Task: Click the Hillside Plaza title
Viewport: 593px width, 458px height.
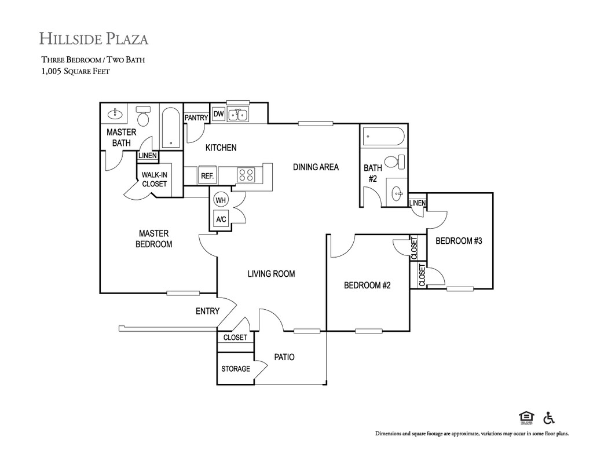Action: pos(94,39)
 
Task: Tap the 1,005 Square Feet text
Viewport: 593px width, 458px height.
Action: pos(76,71)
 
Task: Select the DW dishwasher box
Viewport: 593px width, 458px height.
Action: pos(218,114)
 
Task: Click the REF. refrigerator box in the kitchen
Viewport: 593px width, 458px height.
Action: pos(207,176)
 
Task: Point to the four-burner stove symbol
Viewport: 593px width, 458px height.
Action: pos(246,175)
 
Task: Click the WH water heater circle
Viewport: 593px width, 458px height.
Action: pos(221,200)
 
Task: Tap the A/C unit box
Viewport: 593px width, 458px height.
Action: pos(221,219)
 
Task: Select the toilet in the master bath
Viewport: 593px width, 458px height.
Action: pos(143,116)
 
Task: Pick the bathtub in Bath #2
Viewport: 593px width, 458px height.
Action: pos(383,137)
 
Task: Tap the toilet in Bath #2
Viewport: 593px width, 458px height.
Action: pos(396,162)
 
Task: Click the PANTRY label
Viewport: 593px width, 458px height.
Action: pos(196,118)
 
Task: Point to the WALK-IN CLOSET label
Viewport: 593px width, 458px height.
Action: pos(154,179)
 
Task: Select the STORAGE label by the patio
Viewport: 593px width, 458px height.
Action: pos(236,369)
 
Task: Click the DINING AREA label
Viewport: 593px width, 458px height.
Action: pos(316,167)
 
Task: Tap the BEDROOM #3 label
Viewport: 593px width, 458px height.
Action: pos(459,241)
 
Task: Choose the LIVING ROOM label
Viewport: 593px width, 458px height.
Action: pos(271,274)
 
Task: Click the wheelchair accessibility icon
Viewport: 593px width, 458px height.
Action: pos(549,417)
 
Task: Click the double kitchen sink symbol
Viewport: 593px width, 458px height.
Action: pos(237,115)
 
